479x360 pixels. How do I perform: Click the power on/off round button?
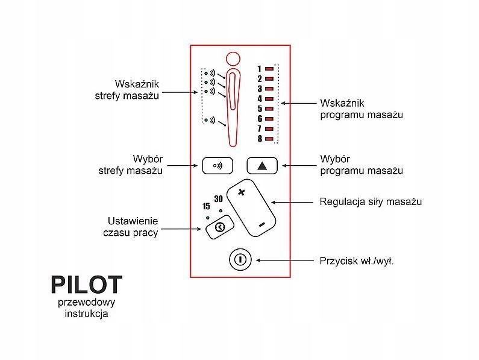click(239, 260)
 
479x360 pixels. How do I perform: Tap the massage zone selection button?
click(217, 165)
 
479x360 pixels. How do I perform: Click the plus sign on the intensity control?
click(242, 192)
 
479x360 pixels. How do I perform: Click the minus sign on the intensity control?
click(261, 224)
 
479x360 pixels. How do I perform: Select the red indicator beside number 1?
click(269, 69)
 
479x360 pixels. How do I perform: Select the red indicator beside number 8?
click(269, 139)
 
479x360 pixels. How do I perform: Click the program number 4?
click(260, 99)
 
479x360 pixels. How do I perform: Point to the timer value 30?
click(218, 199)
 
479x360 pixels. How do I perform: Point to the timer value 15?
click(206, 206)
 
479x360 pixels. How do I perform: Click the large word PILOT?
click(86, 285)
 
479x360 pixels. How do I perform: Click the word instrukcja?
click(86, 314)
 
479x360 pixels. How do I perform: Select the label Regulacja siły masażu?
click(370, 201)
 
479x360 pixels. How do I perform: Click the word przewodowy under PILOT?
click(86, 302)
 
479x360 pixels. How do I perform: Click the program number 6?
click(260, 119)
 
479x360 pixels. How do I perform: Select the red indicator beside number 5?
click(269, 109)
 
